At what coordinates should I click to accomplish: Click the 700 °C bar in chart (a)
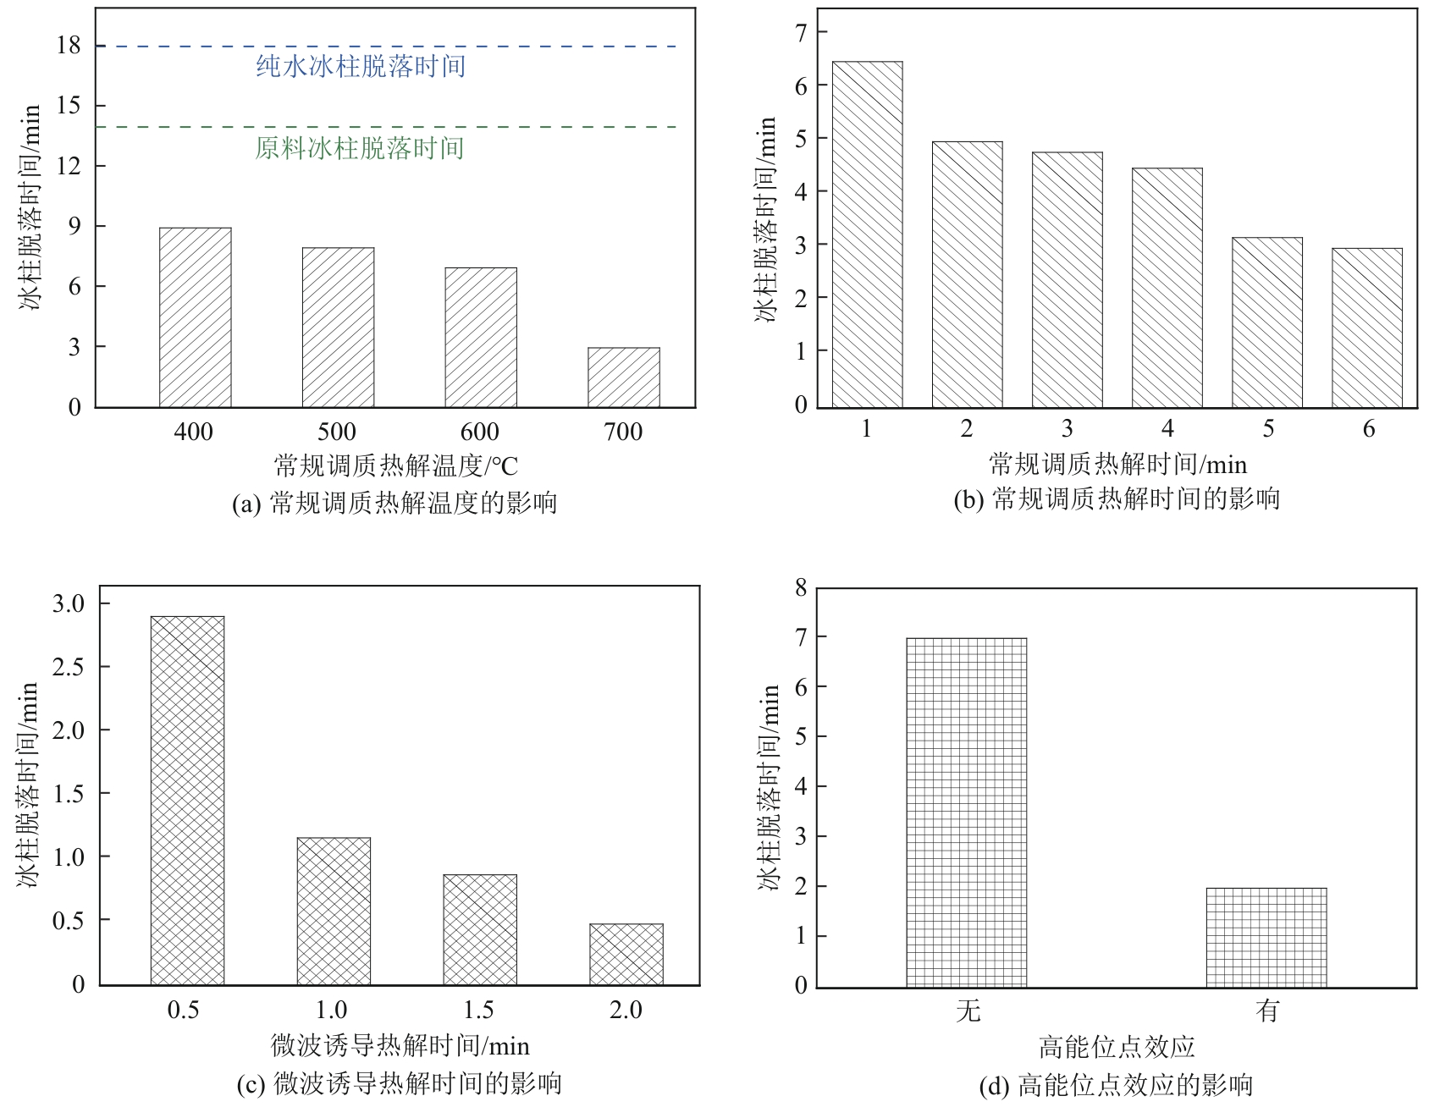624,377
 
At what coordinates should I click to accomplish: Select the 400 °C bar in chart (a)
195,317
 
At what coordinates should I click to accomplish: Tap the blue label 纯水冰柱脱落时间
361,66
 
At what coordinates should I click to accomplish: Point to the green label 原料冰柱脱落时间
360,148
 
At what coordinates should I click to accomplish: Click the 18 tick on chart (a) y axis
69,46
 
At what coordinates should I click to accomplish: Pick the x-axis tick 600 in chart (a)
480,432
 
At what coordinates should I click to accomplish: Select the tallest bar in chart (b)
867,234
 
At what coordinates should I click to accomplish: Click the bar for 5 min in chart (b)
1267,322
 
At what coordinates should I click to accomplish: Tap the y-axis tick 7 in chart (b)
800,32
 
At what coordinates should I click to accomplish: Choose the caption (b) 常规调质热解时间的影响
1117,499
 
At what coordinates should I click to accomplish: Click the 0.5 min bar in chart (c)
187,800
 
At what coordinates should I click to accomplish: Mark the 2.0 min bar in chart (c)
626,954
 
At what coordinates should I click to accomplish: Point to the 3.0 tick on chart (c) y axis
69,603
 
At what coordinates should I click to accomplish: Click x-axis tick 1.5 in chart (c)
478,1010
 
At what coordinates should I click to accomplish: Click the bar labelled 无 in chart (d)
966,812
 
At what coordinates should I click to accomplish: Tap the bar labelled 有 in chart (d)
1266,937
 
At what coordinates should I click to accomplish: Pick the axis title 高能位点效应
1117,1048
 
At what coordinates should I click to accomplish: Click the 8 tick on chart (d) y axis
801,587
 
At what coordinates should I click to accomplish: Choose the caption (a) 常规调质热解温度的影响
394,504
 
